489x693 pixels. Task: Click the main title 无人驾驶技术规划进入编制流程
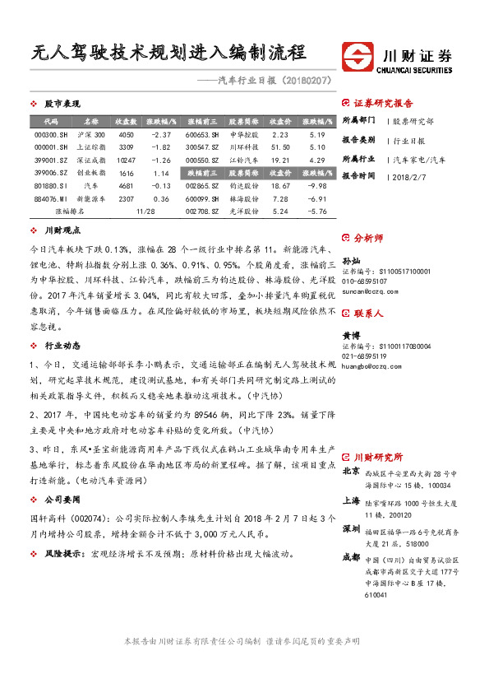pyautogui.click(x=169, y=53)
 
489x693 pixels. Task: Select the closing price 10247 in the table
pyautogui.click(x=126, y=160)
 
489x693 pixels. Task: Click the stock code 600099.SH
pyautogui.click(x=201, y=198)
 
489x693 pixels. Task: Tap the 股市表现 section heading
pyautogui.click(x=62, y=105)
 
